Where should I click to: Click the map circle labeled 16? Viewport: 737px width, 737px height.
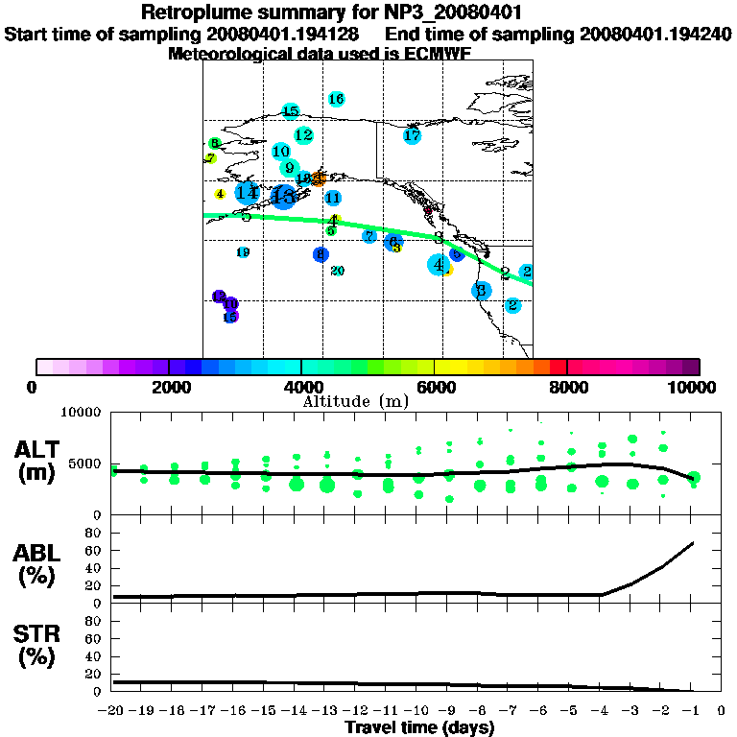pos(336,99)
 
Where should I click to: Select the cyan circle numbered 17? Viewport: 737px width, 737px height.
pos(412,136)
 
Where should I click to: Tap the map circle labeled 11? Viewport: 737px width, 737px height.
pos(333,199)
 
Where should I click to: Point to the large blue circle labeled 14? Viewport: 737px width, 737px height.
pos(248,193)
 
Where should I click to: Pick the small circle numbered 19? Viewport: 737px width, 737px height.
pos(243,252)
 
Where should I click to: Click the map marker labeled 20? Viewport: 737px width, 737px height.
pos(337,271)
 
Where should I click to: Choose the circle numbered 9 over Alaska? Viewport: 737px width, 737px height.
pos(289,168)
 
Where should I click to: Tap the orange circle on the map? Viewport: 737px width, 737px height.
pos(319,178)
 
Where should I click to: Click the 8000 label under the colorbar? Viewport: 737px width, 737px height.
pos(567,387)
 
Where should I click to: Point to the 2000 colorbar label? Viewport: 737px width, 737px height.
pos(169,387)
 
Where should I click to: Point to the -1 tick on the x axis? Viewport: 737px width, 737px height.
pos(691,712)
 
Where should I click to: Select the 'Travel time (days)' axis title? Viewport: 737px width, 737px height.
pos(419,728)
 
